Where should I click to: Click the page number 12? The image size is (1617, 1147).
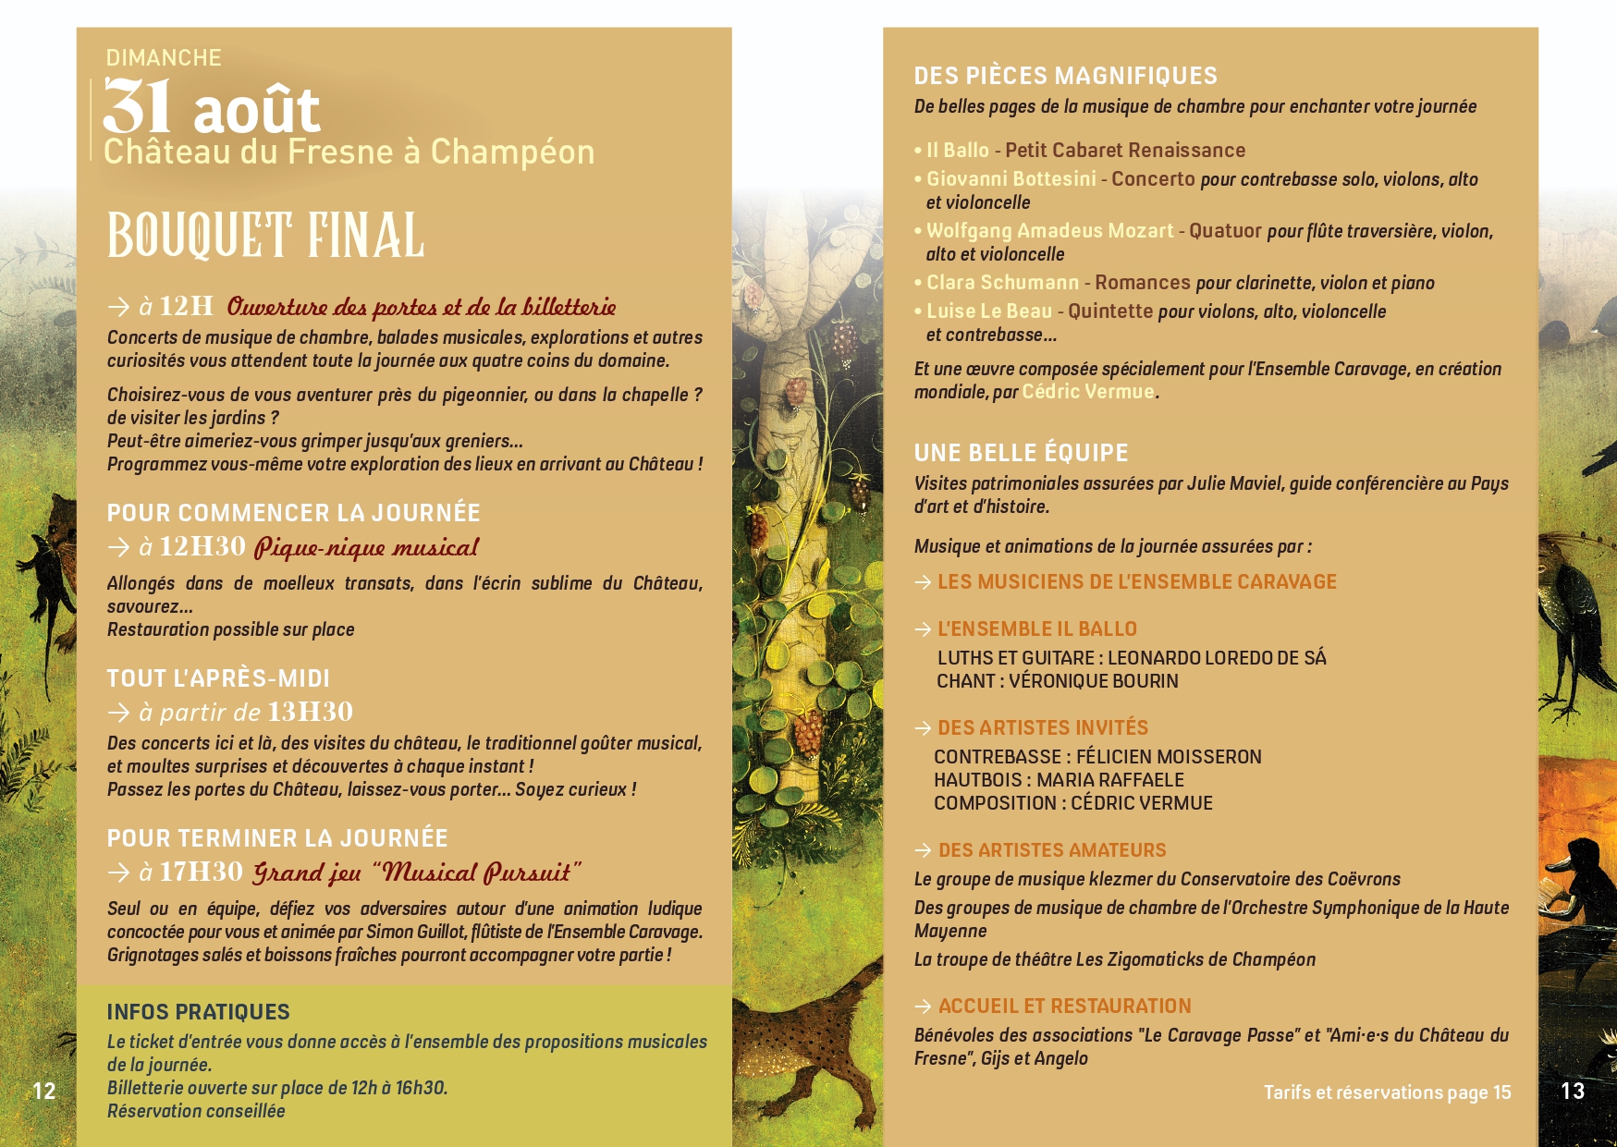pos(44,1091)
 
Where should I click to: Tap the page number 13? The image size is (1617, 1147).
pos(1573,1091)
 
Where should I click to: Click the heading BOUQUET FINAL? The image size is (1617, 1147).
pos(265,236)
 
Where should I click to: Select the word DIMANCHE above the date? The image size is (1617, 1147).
pos(164,58)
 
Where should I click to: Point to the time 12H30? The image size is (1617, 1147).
pos(202,546)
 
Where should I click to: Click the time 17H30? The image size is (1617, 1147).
pos(201,872)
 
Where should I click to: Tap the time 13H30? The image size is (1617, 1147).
pos(310,712)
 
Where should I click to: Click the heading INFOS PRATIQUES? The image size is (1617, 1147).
pos(198,1012)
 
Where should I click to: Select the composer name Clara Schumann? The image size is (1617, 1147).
pos(1002,283)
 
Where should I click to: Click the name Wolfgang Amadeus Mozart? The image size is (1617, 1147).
pos(1049,231)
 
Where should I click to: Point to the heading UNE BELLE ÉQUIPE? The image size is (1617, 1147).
pos(1021,453)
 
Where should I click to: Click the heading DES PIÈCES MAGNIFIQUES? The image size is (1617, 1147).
pos(1065,76)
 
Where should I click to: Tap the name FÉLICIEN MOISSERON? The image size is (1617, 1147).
pos(1169,757)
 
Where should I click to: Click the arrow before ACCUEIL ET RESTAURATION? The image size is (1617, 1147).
pos(923,1007)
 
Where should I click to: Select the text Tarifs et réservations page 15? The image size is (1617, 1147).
pos(1387,1092)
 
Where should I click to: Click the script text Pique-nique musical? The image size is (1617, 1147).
pos(366,547)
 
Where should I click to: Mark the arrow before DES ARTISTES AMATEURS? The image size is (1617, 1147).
pos(923,850)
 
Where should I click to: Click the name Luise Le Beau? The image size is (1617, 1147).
pos(989,311)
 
